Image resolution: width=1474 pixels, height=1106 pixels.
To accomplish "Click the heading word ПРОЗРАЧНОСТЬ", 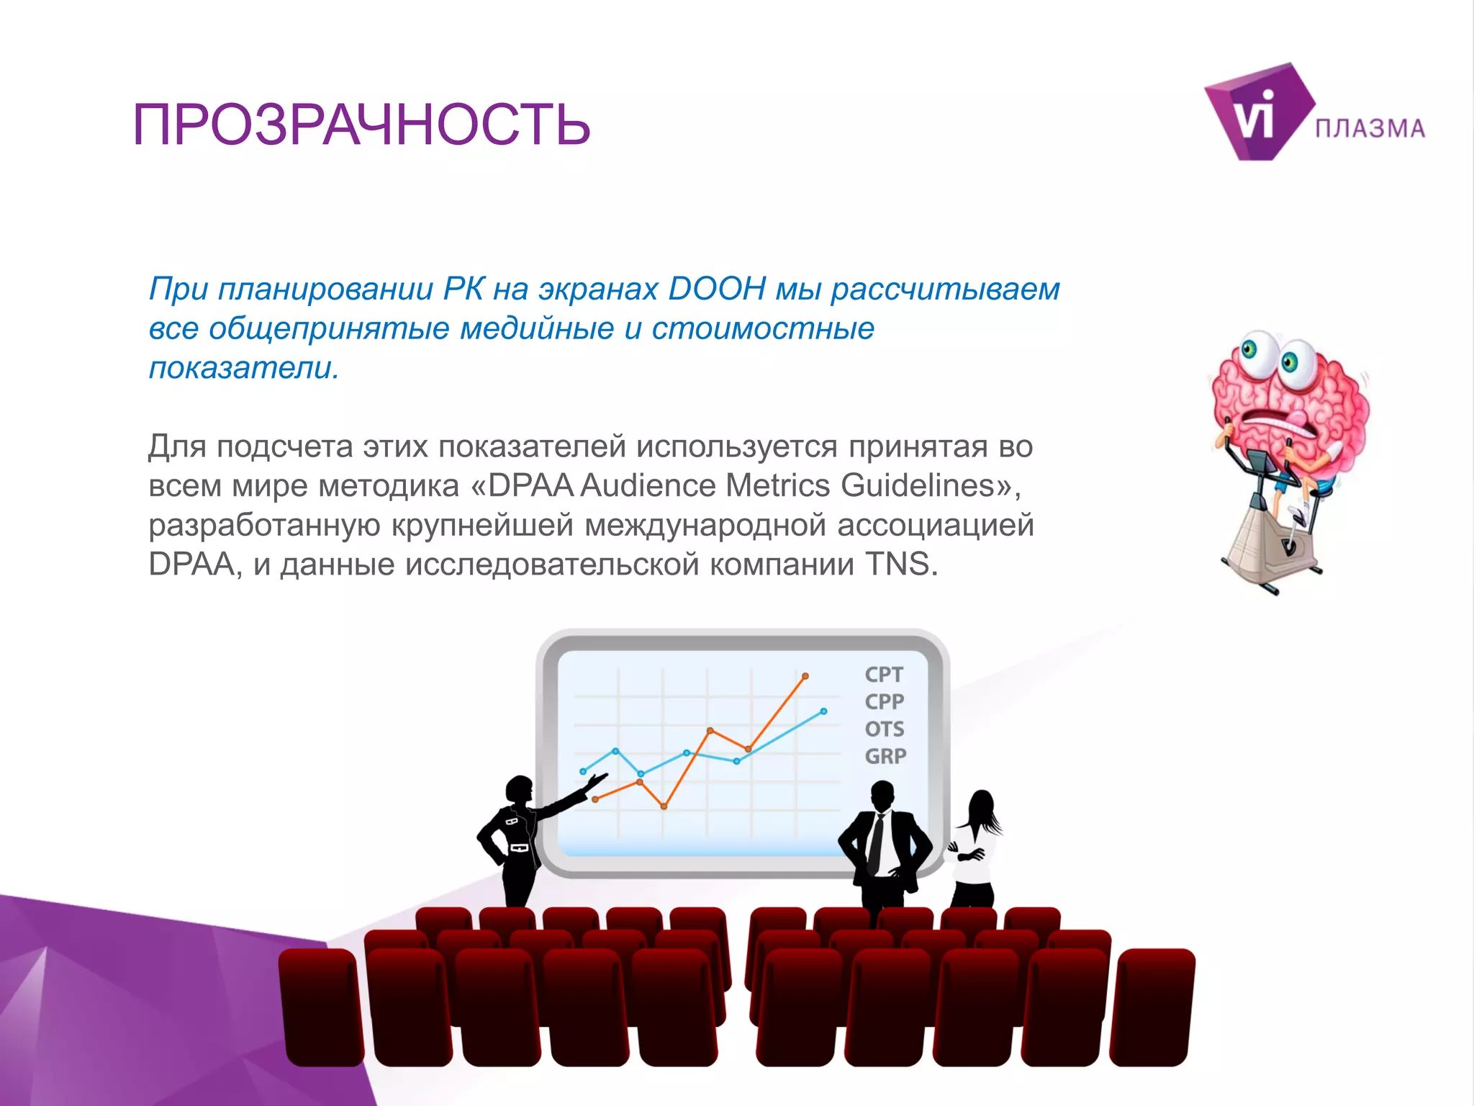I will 361,125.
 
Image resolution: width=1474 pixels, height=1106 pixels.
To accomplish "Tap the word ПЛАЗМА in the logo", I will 1370,129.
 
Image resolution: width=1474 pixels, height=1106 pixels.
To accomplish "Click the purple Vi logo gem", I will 1256,114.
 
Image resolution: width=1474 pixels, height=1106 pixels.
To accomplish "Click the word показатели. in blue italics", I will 244,368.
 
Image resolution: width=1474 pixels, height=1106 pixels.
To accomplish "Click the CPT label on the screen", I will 884,675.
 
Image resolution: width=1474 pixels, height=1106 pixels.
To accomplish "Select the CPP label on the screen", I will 884,701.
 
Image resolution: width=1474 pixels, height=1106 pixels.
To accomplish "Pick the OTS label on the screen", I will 885,729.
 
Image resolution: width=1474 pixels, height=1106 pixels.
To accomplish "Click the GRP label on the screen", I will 885,756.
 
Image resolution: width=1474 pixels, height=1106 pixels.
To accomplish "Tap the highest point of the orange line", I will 805,676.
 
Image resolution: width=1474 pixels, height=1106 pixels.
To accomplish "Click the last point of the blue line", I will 823,711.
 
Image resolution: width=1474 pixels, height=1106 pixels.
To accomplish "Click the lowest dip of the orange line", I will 664,806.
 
